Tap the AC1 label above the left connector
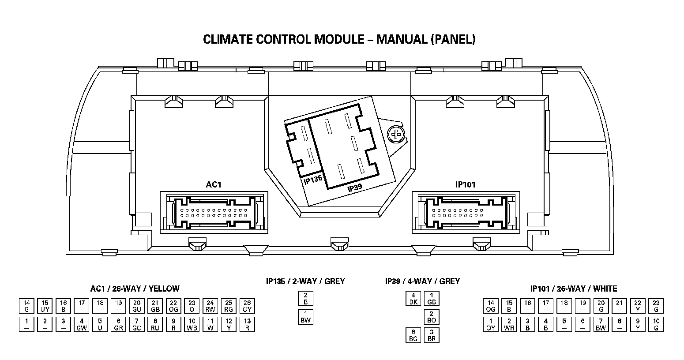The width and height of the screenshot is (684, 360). click(x=214, y=184)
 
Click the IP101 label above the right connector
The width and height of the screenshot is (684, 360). click(x=466, y=184)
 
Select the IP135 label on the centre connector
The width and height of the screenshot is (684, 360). click(x=313, y=180)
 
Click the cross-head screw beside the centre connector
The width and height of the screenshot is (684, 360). click(x=396, y=133)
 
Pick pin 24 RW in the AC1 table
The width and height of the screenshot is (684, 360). click(x=210, y=306)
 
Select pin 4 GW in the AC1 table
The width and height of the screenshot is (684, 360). click(x=82, y=325)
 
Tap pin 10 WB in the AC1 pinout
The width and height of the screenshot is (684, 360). click(x=192, y=325)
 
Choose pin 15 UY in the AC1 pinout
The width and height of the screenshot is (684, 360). click(x=45, y=306)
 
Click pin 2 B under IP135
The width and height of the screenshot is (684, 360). click(x=305, y=299)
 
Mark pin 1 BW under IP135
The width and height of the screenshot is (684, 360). click(x=305, y=317)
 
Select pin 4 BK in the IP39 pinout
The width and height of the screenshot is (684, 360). click(x=413, y=299)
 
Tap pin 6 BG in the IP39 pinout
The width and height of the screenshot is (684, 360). click(x=413, y=335)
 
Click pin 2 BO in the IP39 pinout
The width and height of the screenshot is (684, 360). click(x=432, y=317)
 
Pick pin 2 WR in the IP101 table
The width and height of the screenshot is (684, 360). click(x=509, y=325)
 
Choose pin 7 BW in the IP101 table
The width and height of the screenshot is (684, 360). click(x=601, y=325)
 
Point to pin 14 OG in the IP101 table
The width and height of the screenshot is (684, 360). click(x=490, y=306)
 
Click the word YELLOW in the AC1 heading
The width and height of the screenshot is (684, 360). click(x=164, y=289)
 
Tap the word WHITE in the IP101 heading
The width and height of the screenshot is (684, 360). click(x=605, y=289)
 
